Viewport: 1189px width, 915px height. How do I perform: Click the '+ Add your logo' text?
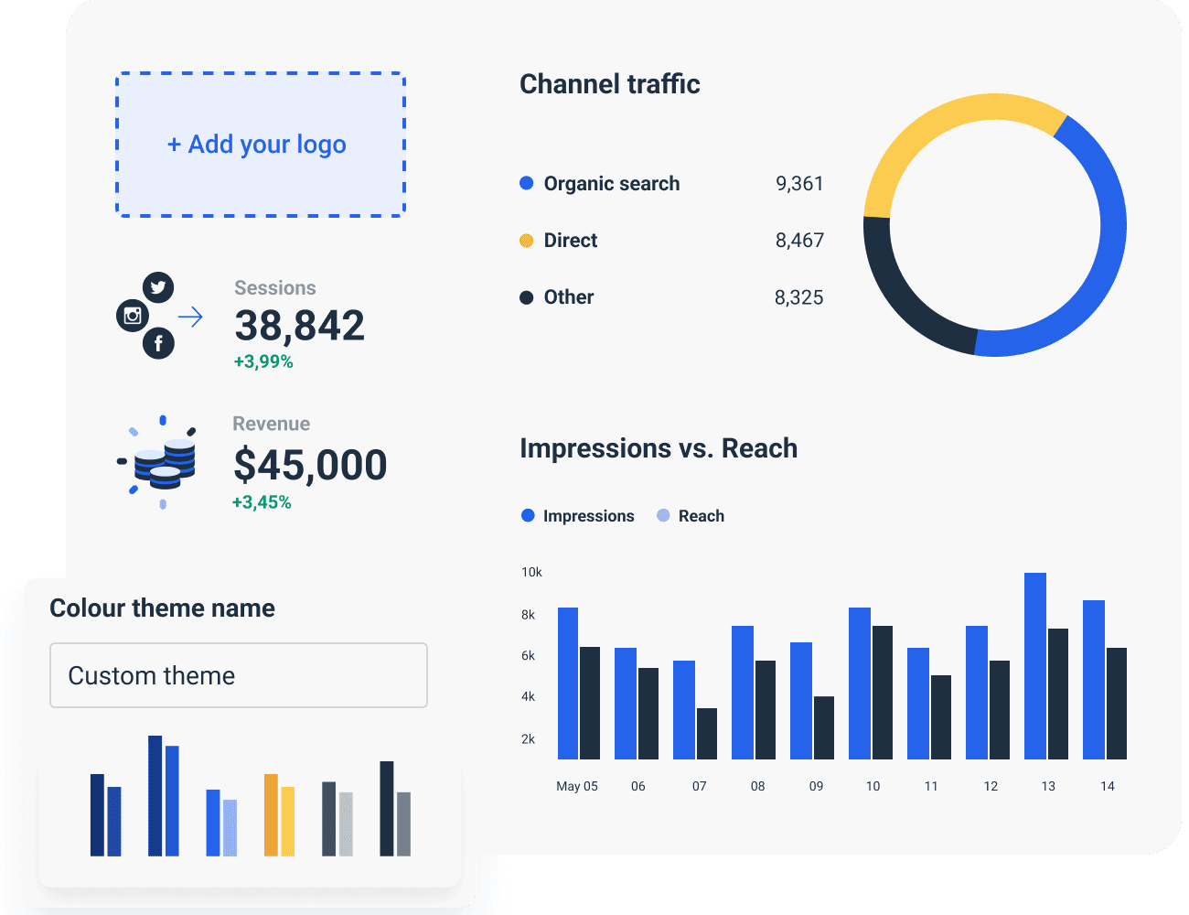(x=257, y=145)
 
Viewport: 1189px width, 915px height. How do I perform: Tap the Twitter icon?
(x=159, y=287)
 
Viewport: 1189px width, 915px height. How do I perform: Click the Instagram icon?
(x=133, y=316)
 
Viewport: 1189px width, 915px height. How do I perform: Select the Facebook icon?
(x=158, y=343)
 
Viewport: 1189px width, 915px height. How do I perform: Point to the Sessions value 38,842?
(x=299, y=326)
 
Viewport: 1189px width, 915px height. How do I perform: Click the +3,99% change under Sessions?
(x=263, y=361)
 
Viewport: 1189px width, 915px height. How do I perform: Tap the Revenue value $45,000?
(x=310, y=465)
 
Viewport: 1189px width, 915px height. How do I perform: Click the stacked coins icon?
(x=164, y=463)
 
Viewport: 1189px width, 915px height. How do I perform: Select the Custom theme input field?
(x=238, y=675)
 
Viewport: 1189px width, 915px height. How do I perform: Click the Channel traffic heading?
(x=609, y=84)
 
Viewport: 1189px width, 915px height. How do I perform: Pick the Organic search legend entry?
(x=611, y=184)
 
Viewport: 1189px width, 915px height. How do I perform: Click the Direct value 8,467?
(x=799, y=241)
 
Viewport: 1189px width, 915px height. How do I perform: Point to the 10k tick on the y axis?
(x=531, y=572)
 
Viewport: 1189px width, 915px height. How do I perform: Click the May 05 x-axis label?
(x=577, y=786)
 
